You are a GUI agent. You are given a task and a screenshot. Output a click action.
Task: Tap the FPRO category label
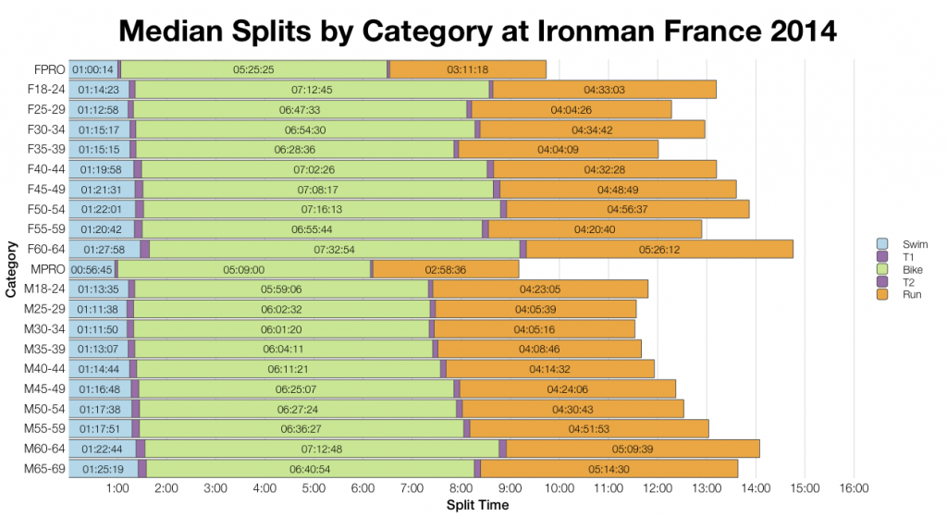[46, 69]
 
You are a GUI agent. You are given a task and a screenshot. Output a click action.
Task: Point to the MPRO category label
[45, 269]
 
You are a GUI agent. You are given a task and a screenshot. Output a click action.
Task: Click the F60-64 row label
[43, 249]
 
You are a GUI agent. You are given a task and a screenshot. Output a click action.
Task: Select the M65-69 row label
[43, 469]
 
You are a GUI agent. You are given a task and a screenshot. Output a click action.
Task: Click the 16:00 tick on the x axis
[853, 488]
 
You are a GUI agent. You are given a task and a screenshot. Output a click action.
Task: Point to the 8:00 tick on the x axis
[461, 488]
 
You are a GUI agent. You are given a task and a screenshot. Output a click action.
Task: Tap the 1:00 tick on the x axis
[117, 488]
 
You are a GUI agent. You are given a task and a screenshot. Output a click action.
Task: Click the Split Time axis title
[477, 505]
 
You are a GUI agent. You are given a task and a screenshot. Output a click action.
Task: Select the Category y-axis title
[10, 269]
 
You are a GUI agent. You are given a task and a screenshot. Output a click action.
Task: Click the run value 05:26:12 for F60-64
[659, 250]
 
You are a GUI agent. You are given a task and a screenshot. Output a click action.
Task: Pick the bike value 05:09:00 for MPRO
[244, 269]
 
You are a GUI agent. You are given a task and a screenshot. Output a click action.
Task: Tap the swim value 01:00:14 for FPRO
[93, 69]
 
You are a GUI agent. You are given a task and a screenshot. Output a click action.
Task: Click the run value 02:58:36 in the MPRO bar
[446, 269]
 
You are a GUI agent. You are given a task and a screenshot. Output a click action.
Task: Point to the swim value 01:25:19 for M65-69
[104, 470]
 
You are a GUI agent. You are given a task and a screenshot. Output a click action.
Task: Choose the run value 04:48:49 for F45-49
[618, 190]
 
